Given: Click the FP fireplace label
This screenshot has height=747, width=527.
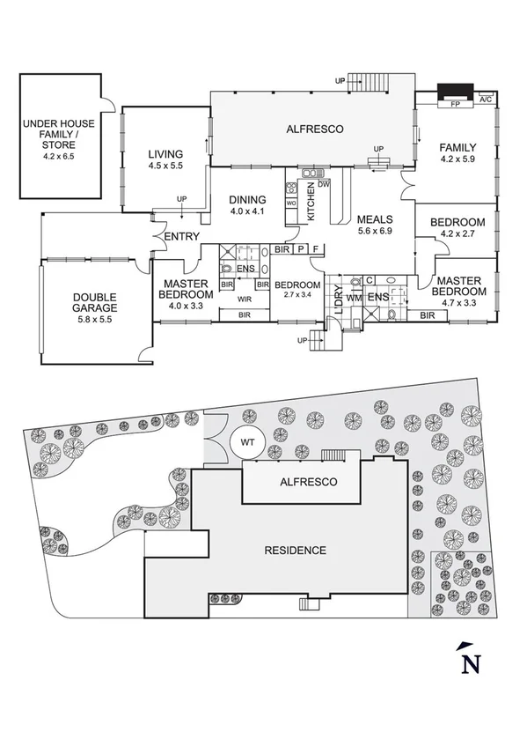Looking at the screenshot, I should tap(455, 103).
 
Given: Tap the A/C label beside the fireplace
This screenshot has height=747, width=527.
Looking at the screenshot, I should tap(485, 100).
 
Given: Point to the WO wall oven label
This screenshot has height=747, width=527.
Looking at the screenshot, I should tap(291, 203).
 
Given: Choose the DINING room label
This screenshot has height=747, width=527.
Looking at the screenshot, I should tap(247, 199).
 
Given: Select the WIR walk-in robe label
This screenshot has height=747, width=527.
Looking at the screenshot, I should tap(245, 300).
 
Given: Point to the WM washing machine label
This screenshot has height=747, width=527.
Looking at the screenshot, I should tap(354, 299).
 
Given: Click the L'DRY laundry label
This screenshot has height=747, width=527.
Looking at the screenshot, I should tap(337, 300).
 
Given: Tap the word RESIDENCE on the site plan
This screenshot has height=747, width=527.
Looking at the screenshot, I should tap(296, 551).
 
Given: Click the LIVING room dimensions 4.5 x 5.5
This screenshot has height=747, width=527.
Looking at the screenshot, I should tap(165, 166).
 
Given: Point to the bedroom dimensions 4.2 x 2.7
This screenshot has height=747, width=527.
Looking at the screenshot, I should tap(457, 233).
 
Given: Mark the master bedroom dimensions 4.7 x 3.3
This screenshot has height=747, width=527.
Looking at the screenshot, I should tap(457, 303).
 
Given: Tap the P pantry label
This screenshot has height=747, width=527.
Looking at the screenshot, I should tap(300, 250).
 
